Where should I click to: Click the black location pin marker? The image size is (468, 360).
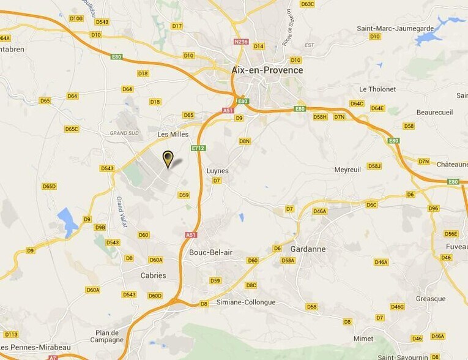(168, 159)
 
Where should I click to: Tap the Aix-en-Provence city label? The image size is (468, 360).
(267, 70)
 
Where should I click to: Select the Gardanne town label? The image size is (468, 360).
(307, 249)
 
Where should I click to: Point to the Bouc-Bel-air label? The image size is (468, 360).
(210, 252)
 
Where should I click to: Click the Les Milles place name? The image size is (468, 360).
(173, 134)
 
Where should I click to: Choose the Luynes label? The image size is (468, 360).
(217, 171)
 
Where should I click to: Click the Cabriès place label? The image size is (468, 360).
(153, 276)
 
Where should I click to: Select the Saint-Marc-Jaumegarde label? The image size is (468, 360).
(395, 28)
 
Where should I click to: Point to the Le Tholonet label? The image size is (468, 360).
(377, 89)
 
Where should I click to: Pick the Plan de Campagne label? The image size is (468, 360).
(107, 336)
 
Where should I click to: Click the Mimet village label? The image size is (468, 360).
(363, 339)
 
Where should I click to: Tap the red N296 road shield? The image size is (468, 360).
(242, 42)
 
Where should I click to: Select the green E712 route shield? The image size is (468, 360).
(198, 148)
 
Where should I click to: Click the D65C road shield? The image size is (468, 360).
(72, 129)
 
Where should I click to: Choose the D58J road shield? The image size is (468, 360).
(374, 166)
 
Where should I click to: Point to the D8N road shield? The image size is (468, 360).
(245, 141)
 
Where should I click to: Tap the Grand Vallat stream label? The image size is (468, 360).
(122, 211)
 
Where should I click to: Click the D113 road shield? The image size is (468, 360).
(11, 334)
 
